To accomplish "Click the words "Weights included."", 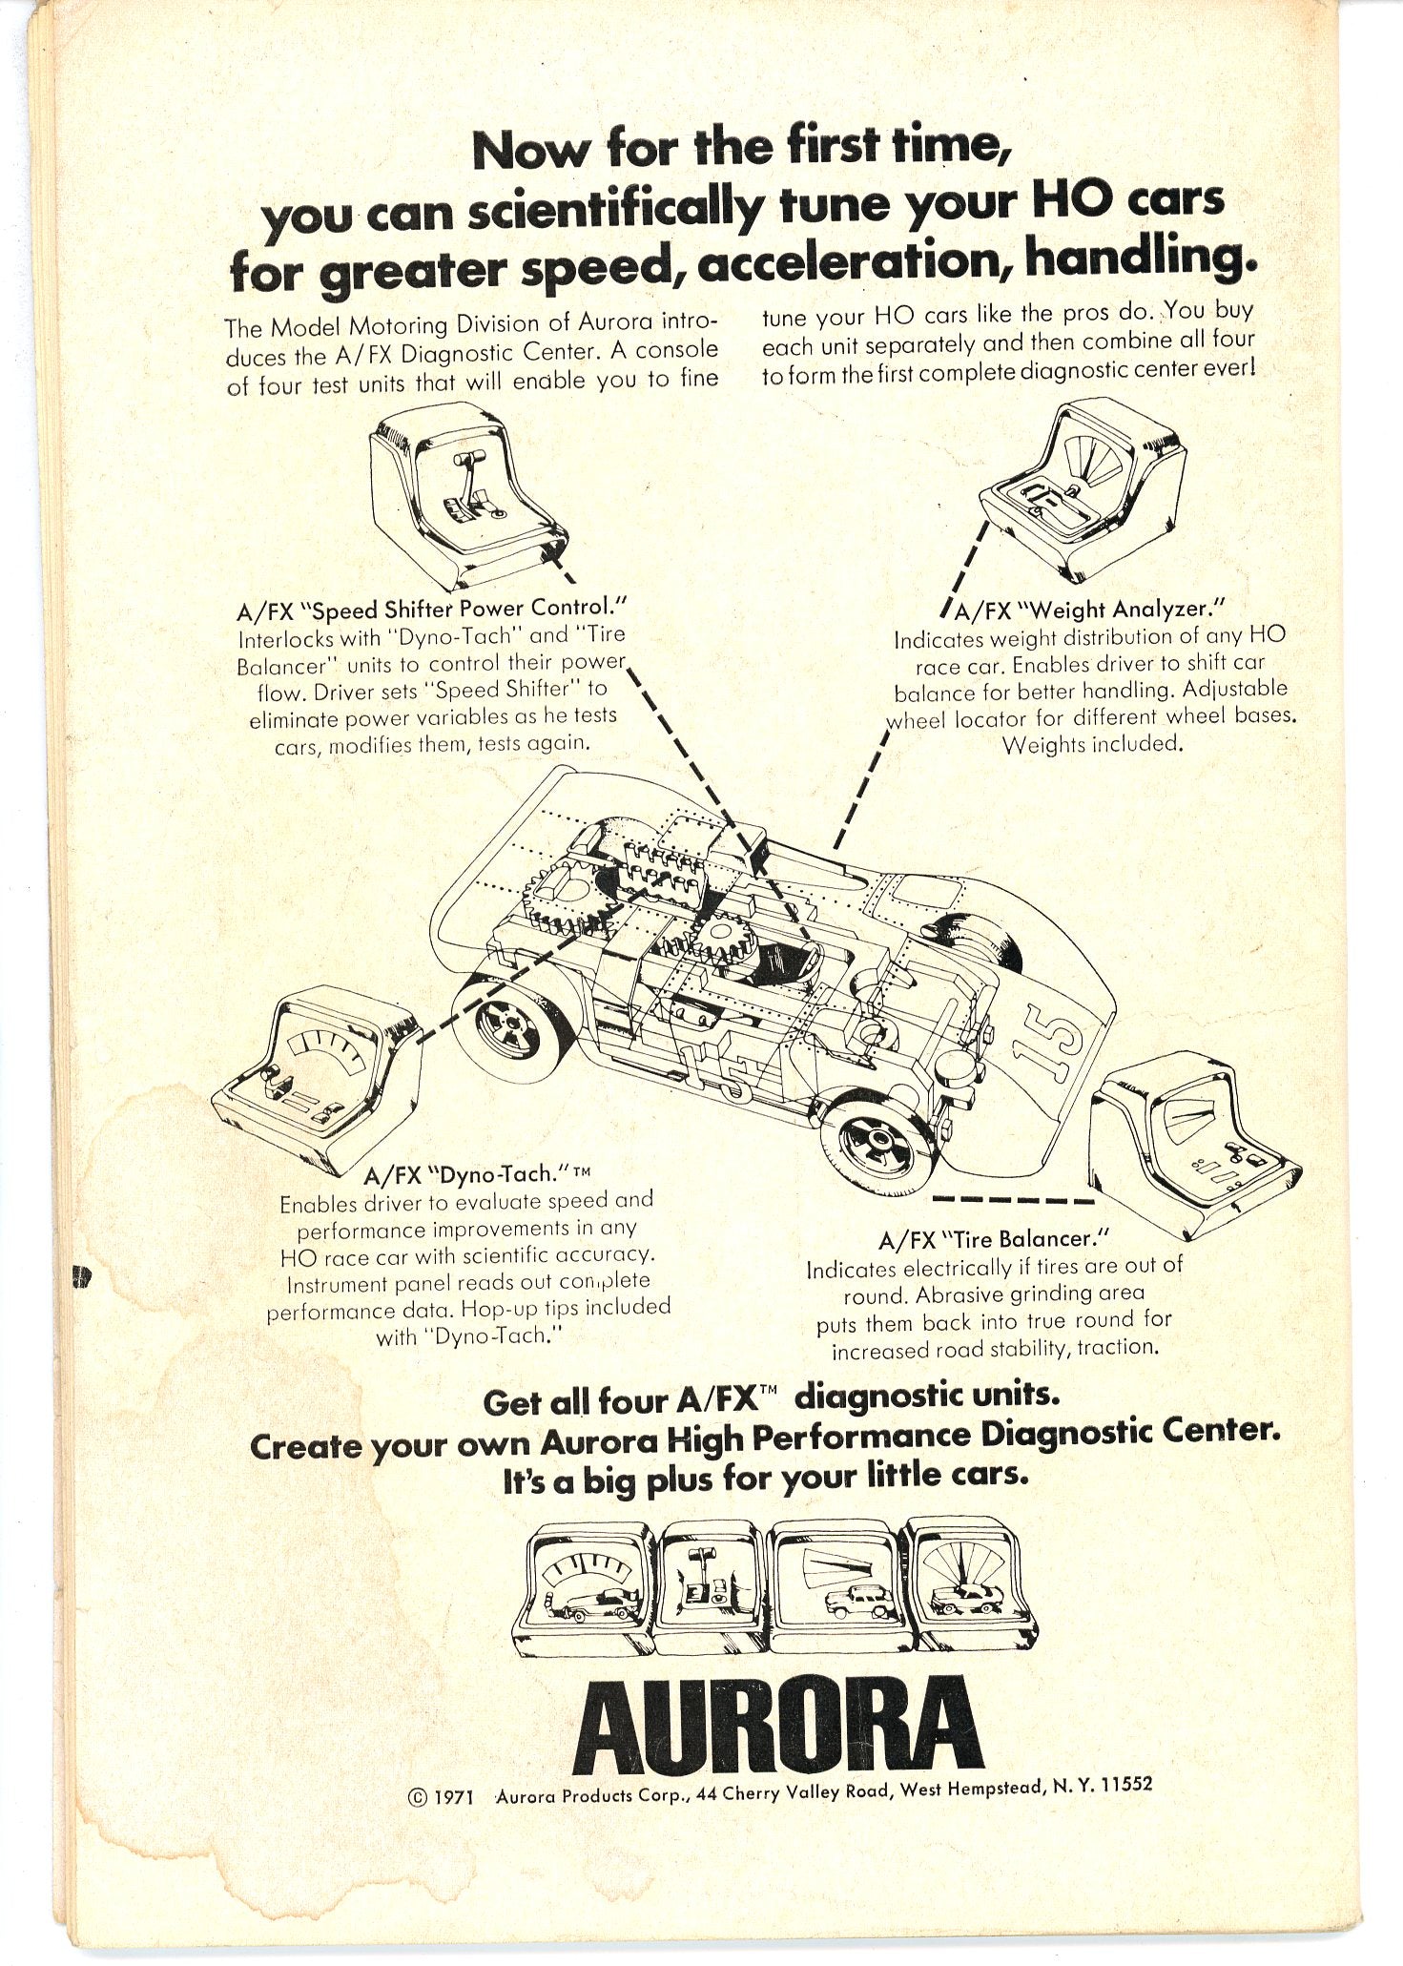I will click(1092, 745).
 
